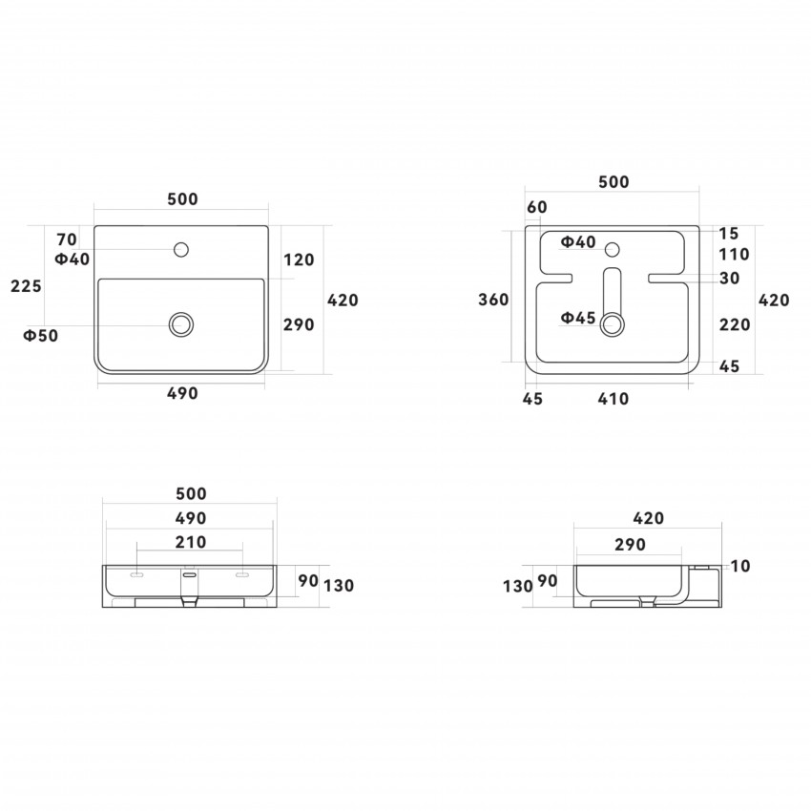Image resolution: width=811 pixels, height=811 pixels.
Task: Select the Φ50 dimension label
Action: (x=41, y=336)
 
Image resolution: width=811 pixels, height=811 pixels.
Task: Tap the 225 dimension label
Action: (x=26, y=286)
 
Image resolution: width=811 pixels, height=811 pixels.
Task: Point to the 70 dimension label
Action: (x=67, y=239)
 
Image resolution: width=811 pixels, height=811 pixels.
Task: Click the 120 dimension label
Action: (x=299, y=260)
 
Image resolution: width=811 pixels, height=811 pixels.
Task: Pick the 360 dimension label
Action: (x=493, y=300)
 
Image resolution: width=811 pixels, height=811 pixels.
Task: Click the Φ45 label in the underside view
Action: (x=578, y=318)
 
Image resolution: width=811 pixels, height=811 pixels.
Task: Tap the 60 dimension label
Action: (x=537, y=207)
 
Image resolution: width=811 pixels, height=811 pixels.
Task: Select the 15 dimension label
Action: (x=729, y=234)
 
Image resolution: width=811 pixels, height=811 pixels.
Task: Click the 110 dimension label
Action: (x=734, y=255)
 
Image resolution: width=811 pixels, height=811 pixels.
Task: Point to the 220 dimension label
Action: (x=735, y=324)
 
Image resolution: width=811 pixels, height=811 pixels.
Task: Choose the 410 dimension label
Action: (x=613, y=399)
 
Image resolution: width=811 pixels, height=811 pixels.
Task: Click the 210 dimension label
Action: (x=191, y=542)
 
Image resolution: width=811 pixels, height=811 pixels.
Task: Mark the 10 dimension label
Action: (x=740, y=567)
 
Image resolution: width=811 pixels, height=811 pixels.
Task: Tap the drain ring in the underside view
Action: (x=612, y=324)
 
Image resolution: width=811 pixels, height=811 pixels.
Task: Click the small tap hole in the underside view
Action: (x=613, y=250)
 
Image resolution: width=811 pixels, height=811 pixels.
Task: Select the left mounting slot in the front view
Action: (x=136, y=574)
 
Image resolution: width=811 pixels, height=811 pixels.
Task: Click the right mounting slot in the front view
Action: (x=242, y=574)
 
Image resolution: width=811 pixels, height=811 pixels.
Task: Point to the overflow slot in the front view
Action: (x=190, y=574)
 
